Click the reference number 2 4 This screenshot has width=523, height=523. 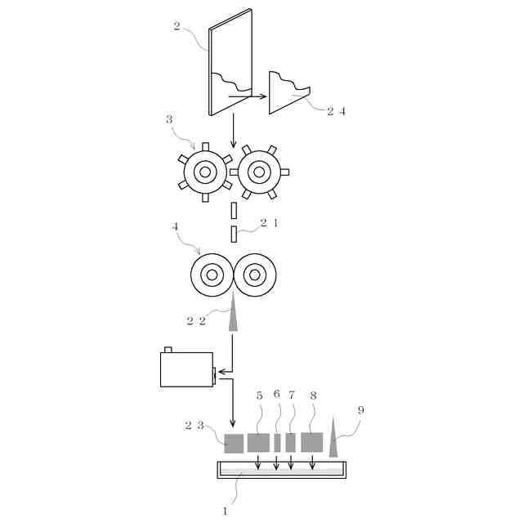tap(337, 112)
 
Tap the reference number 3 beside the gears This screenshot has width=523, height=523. tap(169, 119)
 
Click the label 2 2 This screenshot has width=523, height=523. tap(195, 320)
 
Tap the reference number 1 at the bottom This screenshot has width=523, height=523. tap(225, 510)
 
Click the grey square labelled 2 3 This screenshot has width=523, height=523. tap(234, 443)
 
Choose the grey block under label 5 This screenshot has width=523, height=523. tap(258, 442)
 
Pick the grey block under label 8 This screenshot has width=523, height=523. tap(311, 442)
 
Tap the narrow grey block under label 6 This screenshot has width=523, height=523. tap(277, 443)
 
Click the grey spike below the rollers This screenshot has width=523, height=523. tap(233, 315)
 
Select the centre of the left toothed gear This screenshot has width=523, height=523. tap(204, 172)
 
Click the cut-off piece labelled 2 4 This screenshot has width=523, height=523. tap(286, 92)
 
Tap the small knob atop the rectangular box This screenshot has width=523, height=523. tap(168, 350)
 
